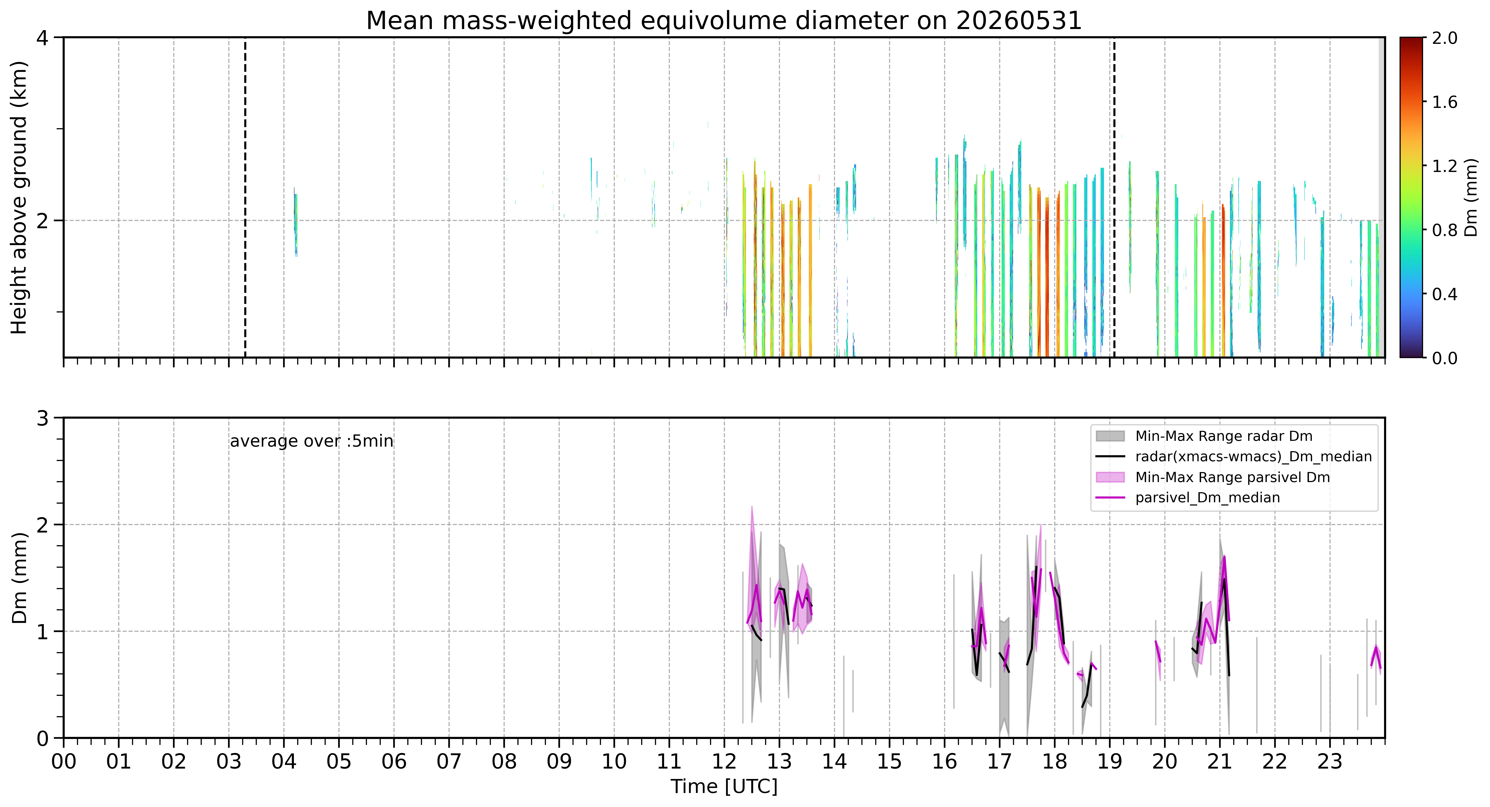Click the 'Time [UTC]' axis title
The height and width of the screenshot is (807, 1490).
point(724,787)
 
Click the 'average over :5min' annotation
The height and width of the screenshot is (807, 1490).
point(311,441)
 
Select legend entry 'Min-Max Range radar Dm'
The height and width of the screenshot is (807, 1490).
point(1223,436)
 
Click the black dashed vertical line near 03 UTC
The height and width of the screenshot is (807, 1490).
point(245,197)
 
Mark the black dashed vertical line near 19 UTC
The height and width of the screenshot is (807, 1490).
point(1114,197)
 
